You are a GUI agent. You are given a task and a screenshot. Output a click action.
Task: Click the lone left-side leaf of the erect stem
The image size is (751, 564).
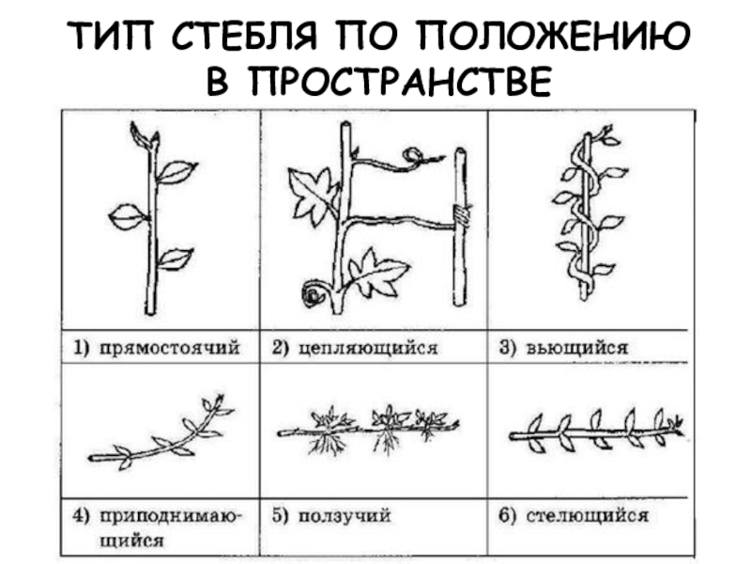(x=127, y=217)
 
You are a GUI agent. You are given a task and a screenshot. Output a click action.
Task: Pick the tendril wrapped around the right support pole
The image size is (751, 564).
(x=460, y=215)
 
